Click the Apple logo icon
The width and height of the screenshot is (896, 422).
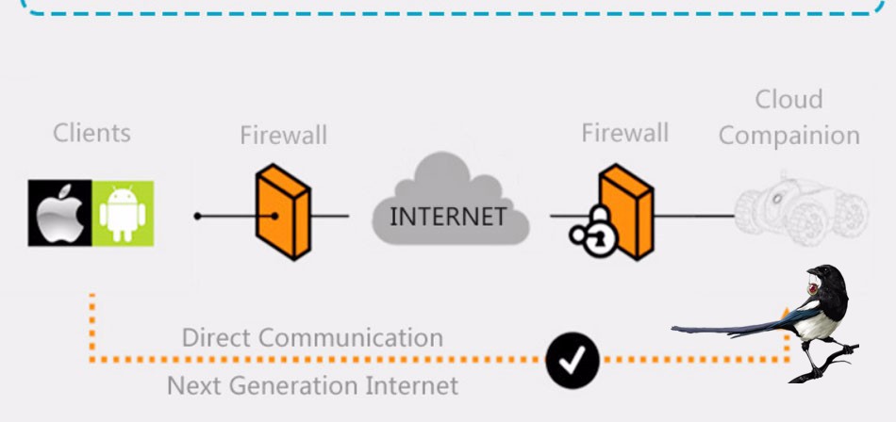(x=60, y=213)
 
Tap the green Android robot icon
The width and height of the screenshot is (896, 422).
(x=123, y=213)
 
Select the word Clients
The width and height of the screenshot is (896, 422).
(x=91, y=133)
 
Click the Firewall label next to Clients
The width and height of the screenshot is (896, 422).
(x=283, y=136)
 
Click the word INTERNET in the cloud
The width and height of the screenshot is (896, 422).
(x=447, y=216)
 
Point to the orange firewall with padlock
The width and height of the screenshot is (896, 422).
(x=628, y=213)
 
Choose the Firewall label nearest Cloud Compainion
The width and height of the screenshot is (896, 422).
(x=624, y=133)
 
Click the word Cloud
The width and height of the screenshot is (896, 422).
(x=788, y=100)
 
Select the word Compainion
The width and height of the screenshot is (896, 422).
(x=788, y=136)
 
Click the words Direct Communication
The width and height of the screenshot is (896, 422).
(x=311, y=337)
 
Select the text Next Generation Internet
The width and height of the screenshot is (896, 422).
(x=312, y=385)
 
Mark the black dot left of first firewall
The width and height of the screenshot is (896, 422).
(x=197, y=217)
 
